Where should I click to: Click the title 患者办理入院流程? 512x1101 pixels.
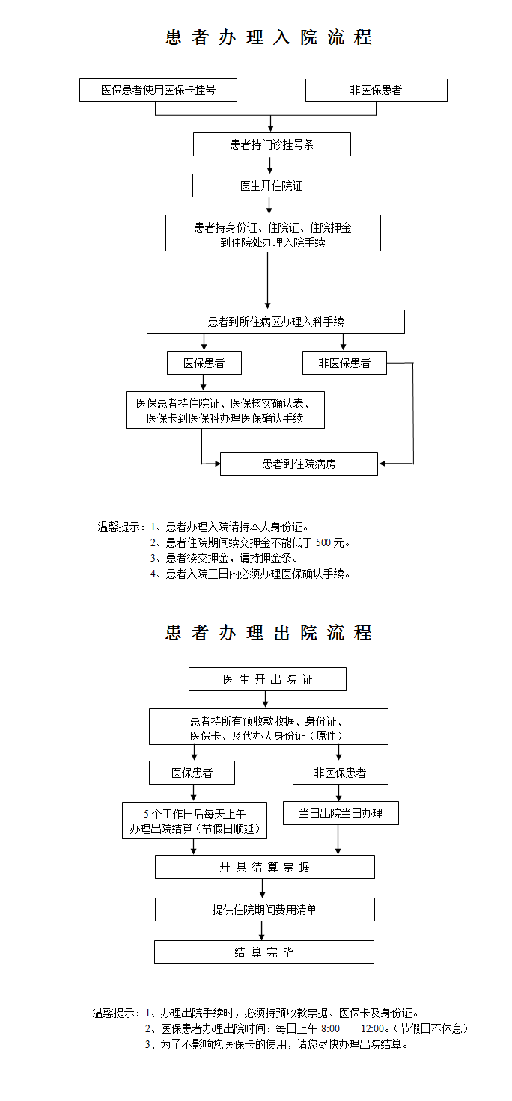268,37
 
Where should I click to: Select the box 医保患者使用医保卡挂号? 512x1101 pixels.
159,90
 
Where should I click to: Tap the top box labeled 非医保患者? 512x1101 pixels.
376,90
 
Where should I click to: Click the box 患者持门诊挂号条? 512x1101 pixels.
272,144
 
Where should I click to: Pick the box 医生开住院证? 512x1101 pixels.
271,185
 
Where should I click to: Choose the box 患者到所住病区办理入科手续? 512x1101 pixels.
275,322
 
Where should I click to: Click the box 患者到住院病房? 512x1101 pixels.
299,464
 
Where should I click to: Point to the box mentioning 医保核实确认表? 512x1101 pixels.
225,411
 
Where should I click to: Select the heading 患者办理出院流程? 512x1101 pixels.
268,633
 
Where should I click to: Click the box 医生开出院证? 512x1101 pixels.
267,679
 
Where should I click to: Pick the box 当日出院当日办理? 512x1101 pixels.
341,813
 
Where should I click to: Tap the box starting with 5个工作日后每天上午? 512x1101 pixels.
195,821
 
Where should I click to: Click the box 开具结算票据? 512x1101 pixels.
264,867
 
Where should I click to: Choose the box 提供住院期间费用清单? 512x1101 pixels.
264,910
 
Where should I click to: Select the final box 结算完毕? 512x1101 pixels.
263,952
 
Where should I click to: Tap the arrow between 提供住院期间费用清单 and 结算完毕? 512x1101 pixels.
262,930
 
